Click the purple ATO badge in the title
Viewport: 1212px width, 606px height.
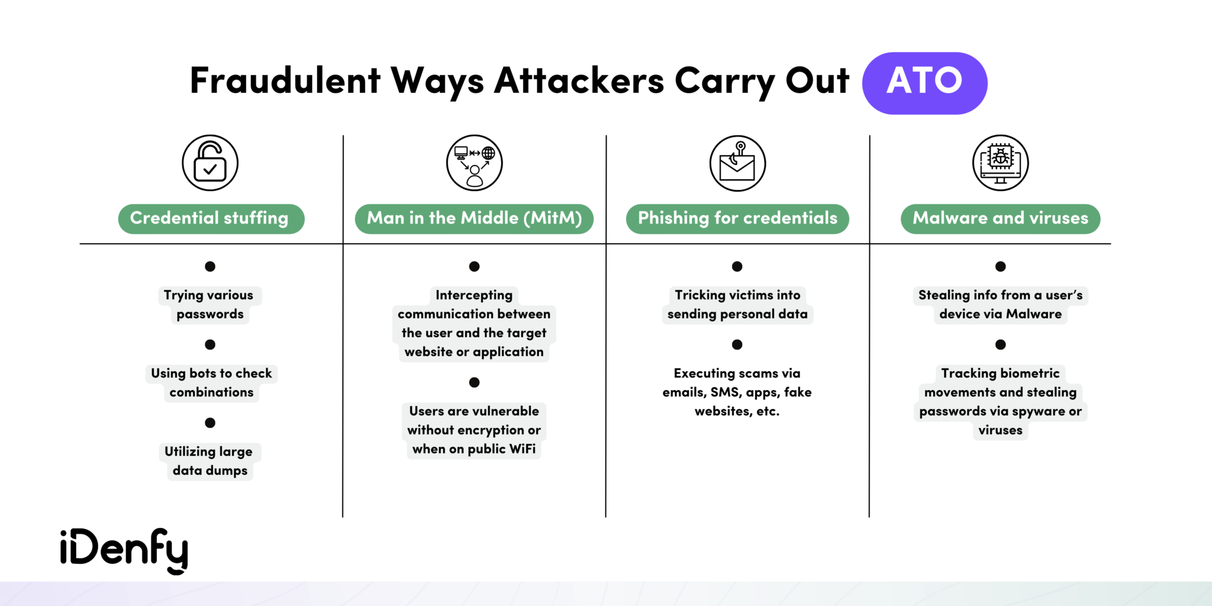(x=924, y=83)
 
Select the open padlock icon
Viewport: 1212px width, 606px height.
(x=210, y=163)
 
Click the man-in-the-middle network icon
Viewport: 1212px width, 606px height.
(x=474, y=163)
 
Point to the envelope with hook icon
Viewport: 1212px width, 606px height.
(x=737, y=163)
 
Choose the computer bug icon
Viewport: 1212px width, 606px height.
(x=1000, y=163)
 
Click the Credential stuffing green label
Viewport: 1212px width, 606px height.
(x=211, y=218)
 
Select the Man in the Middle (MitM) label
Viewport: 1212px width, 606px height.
(x=474, y=218)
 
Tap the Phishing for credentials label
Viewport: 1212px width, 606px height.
(x=737, y=218)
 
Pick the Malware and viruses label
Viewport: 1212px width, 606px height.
(x=1000, y=218)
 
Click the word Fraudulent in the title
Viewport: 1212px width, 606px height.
(x=285, y=80)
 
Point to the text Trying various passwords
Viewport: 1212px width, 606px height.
(x=209, y=304)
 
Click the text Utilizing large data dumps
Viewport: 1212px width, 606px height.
(x=209, y=460)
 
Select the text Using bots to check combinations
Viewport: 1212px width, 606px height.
(x=211, y=382)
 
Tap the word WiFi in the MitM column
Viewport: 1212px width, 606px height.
(x=523, y=449)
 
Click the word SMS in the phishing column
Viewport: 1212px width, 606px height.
(x=724, y=392)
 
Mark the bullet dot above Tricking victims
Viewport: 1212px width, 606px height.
(x=737, y=266)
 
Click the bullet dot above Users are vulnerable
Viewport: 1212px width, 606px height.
(x=474, y=382)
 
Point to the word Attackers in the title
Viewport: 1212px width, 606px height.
(x=579, y=80)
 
